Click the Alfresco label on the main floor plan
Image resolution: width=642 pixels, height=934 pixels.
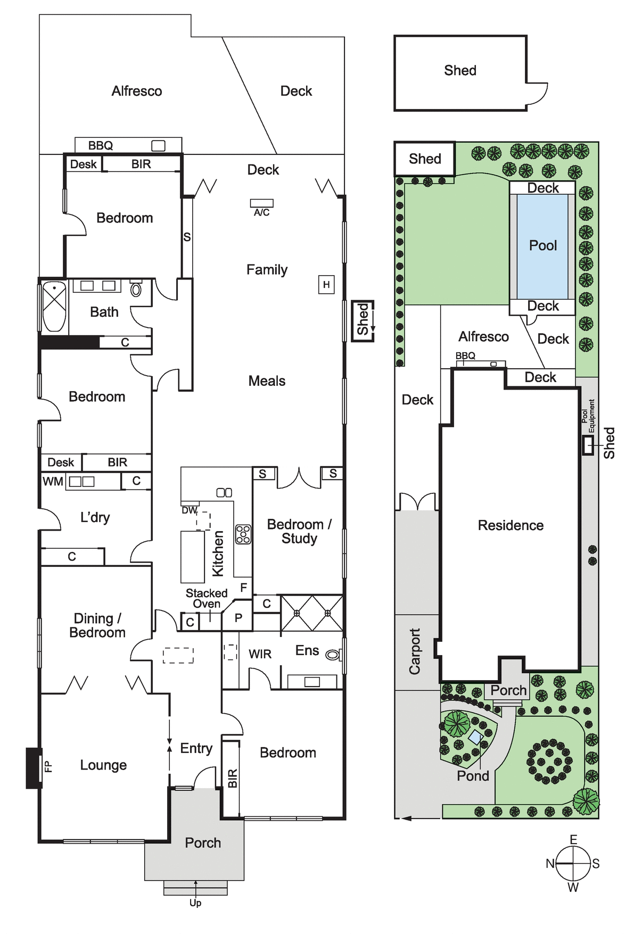(x=137, y=91)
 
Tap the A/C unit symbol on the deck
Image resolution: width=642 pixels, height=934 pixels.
(x=262, y=203)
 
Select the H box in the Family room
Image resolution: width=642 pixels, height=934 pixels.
(x=326, y=285)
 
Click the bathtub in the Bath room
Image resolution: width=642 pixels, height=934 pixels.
(x=54, y=307)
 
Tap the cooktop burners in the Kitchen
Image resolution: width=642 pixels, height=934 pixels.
(x=243, y=534)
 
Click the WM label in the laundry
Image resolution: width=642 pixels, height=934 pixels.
(x=53, y=482)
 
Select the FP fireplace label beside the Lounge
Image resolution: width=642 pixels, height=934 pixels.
(x=48, y=767)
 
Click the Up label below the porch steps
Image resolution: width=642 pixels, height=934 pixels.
(x=195, y=903)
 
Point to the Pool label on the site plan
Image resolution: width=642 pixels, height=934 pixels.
(x=543, y=245)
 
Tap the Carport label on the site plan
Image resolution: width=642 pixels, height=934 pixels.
(x=415, y=651)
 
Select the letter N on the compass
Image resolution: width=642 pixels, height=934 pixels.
(x=550, y=864)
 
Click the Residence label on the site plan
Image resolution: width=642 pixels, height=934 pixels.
(x=511, y=525)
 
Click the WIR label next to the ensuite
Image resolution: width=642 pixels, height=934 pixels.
(x=260, y=654)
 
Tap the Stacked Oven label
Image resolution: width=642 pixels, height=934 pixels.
(x=207, y=599)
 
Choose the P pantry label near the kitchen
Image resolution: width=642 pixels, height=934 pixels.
(x=238, y=618)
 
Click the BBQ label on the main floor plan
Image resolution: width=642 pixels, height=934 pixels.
(x=101, y=145)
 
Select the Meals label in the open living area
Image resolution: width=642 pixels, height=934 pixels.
(x=267, y=381)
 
